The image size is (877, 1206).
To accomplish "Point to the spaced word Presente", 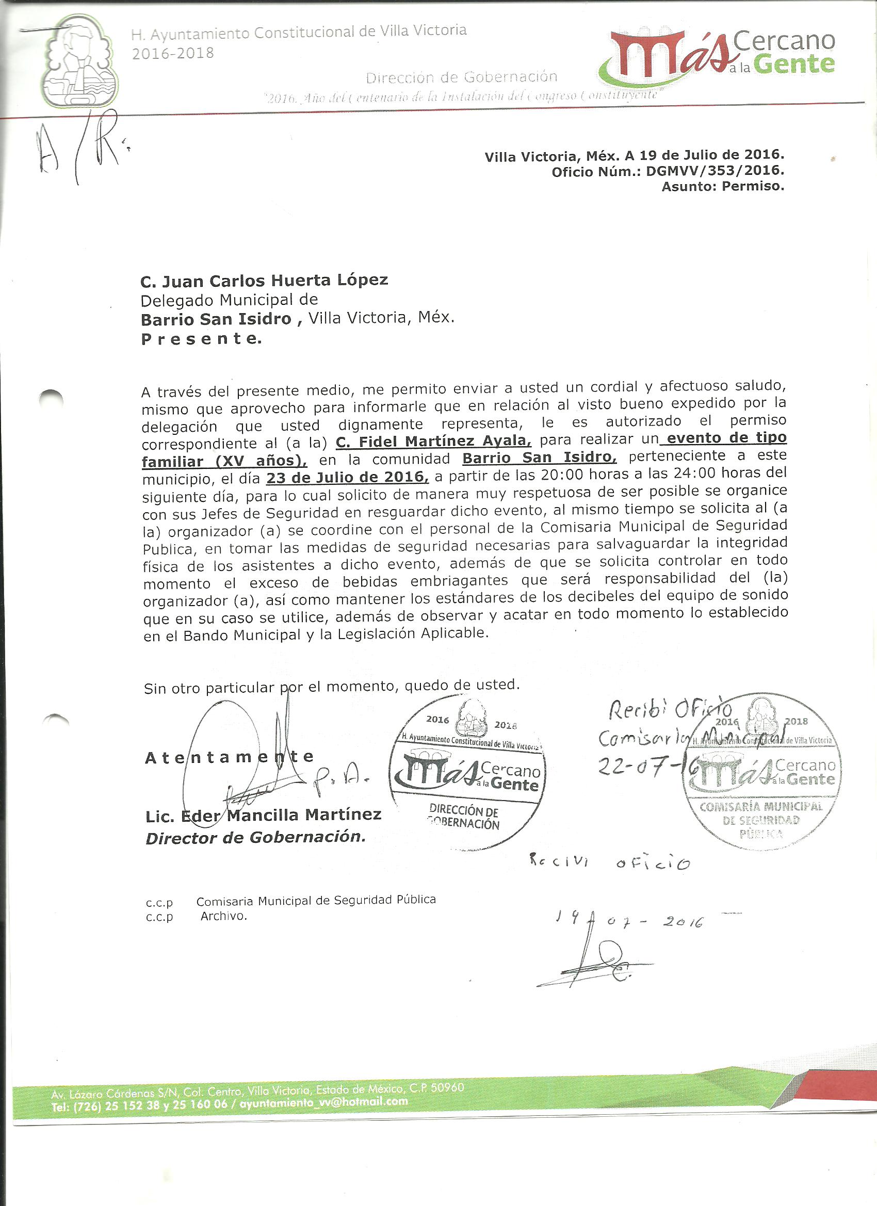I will tap(201, 339).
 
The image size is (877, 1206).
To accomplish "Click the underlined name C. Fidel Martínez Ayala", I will tap(433, 442).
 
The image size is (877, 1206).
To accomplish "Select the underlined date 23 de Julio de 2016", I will tap(347, 477).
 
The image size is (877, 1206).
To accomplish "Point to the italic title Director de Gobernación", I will tap(256, 838).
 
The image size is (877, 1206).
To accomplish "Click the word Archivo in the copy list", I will tap(223, 916).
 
